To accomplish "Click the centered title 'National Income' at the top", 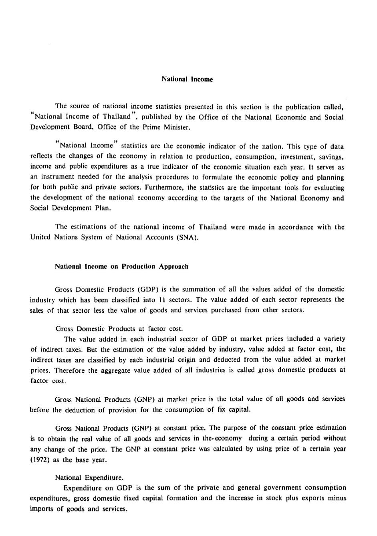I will (x=187, y=79).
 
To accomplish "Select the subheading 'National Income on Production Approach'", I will (x=121, y=267).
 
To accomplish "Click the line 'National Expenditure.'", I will (x=89, y=477).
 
